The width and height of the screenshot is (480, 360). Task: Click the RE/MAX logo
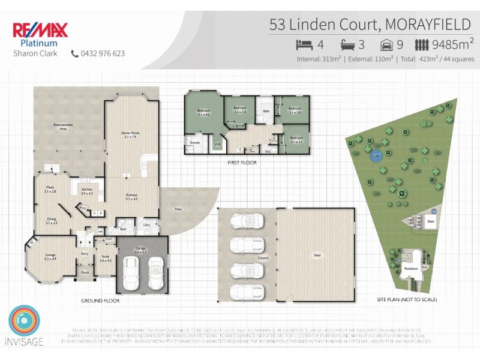[x=40, y=30]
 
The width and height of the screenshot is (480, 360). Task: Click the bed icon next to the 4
[x=305, y=44]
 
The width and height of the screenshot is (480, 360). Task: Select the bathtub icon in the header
[x=348, y=44]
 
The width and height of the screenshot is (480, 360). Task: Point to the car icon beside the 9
[x=387, y=44]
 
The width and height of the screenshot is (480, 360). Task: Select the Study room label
[x=105, y=258]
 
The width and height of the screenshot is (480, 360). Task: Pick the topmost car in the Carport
[x=246, y=221]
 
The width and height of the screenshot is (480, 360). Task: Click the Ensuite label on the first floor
[x=195, y=143]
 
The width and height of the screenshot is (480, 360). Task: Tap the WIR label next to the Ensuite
[x=218, y=144]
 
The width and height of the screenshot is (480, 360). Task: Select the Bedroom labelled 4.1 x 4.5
[x=203, y=112]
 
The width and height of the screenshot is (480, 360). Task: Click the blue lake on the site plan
[x=376, y=156]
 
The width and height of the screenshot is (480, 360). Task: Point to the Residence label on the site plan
[x=410, y=269]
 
